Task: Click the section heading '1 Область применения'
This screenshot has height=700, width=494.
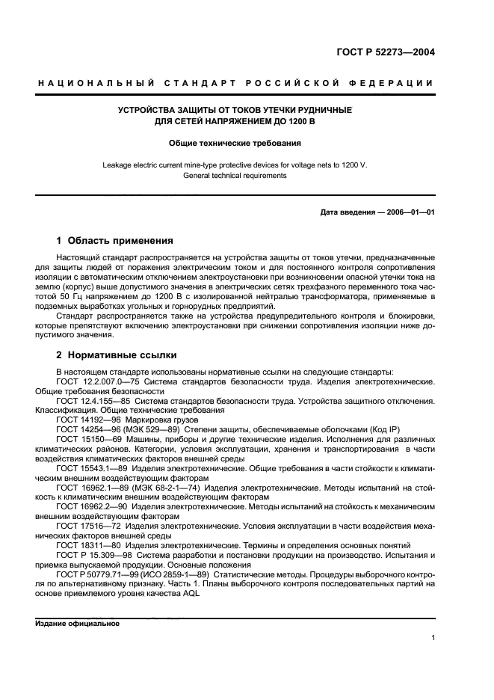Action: (115, 241)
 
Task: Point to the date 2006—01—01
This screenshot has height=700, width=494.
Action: (408, 212)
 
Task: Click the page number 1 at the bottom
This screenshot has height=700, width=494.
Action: (433, 637)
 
